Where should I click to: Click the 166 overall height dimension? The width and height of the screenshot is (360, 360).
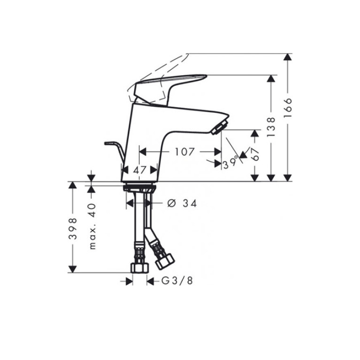pyautogui.click(x=288, y=108)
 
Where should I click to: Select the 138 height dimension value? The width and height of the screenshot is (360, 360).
pyautogui.click(x=271, y=127)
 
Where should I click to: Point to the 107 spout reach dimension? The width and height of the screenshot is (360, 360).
pyautogui.click(x=185, y=152)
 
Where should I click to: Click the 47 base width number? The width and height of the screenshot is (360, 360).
pyautogui.click(x=140, y=170)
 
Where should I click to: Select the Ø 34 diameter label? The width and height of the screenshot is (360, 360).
pyautogui.click(x=182, y=203)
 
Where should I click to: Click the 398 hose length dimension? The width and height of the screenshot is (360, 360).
pyautogui.click(x=73, y=229)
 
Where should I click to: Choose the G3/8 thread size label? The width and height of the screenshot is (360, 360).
pyautogui.click(x=177, y=281)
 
